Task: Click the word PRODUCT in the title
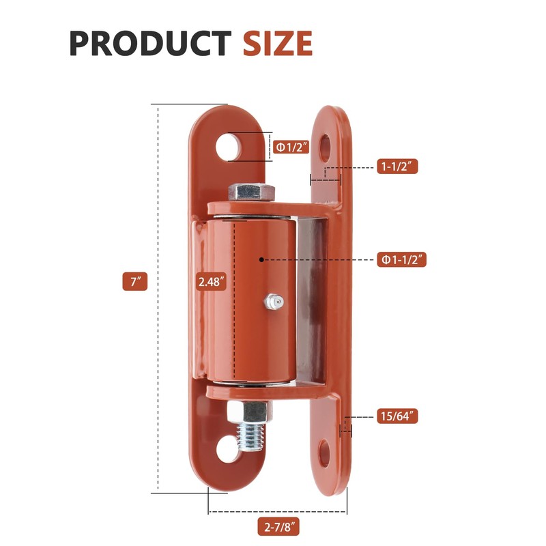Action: (x=149, y=44)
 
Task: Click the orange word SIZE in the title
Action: (x=278, y=44)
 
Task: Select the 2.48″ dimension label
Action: (x=210, y=281)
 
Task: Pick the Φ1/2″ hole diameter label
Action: (x=291, y=146)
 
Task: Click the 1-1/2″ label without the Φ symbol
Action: (x=397, y=167)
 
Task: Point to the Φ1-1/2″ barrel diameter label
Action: (x=403, y=259)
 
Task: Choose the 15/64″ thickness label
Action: (x=397, y=416)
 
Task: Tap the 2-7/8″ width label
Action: (x=278, y=527)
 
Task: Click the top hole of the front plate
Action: (x=229, y=146)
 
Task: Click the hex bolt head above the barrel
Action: (x=251, y=192)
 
